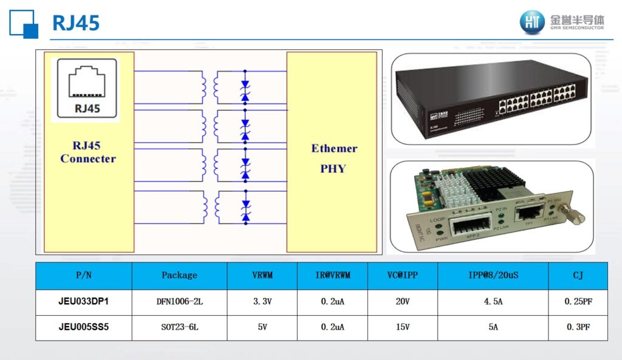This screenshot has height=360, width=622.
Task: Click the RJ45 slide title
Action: coord(76,23)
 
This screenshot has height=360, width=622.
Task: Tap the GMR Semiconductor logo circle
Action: coord(532,22)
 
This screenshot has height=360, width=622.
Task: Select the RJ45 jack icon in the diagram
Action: coord(86,81)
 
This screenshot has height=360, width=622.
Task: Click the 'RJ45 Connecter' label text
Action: coord(88,152)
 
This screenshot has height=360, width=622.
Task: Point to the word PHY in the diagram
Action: coord(332,169)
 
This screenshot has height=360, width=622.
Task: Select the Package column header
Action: coord(179,276)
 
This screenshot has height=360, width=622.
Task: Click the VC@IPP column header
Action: coord(402,276)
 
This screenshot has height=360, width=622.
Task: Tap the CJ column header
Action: coord(578,276)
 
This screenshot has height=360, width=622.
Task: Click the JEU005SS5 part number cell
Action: coord(83,327)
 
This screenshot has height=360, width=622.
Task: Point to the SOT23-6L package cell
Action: coord(179,327)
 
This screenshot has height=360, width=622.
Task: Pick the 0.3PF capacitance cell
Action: coord(578,327)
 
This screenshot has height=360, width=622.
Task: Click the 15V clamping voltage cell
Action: coord(402,327)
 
